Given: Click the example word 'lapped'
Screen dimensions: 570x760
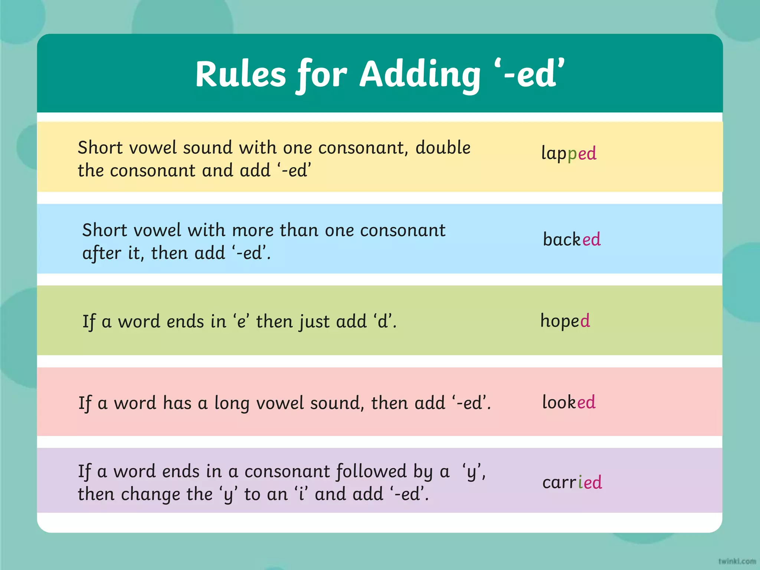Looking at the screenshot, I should tap(569, 153).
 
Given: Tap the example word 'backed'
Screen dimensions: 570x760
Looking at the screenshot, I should tap(571, 239).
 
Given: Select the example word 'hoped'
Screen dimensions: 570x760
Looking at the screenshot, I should tap(565, 321).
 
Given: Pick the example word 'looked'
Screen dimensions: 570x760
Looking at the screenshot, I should tap(569, 402).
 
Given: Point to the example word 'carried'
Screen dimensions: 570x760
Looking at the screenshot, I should tap(572, 482).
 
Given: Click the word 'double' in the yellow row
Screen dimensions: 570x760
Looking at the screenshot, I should tap(443, 148).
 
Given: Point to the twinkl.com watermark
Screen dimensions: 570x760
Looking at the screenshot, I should tap(737, 561).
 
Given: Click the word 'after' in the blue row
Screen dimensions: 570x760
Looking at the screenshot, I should tap(101, 253).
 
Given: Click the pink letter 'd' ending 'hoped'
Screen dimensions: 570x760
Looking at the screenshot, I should tap(585, 321).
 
